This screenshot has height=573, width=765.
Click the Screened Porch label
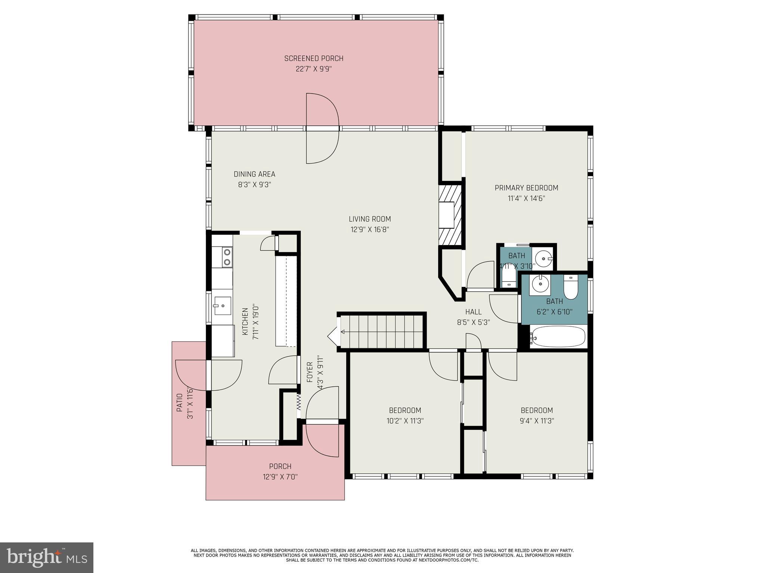point(313,59)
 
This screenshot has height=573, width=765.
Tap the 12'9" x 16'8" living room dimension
point(369,230)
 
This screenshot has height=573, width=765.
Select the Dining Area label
point(254,174)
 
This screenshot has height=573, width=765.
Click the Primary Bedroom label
point(526,188)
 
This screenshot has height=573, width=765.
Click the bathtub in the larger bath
point(557,336)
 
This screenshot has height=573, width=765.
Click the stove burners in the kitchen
point(226,257)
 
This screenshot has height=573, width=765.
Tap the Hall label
point(473,312)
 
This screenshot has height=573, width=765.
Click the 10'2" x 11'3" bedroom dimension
point(405,421)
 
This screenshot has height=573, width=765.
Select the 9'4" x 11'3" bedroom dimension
point(537,421)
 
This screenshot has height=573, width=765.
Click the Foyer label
point(310,372)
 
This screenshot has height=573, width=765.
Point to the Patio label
point(180,403)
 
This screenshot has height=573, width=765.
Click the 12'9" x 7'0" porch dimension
point(280,477)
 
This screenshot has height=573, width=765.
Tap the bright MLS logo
point(47,557)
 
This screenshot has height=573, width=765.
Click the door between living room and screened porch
point(322,128)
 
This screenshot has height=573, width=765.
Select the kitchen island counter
point(286,301)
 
